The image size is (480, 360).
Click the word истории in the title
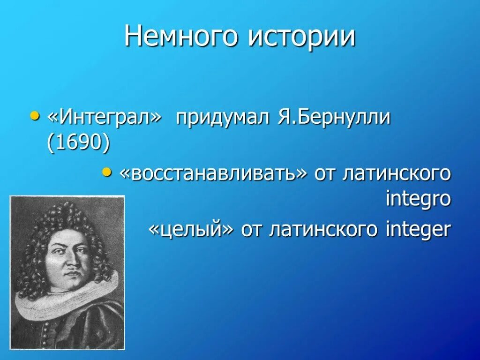(x=301, y=37)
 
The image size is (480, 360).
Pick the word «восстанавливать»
(x=213, y=174)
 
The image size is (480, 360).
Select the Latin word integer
(x=418, y=230)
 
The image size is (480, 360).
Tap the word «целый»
(x=191, y=230)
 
